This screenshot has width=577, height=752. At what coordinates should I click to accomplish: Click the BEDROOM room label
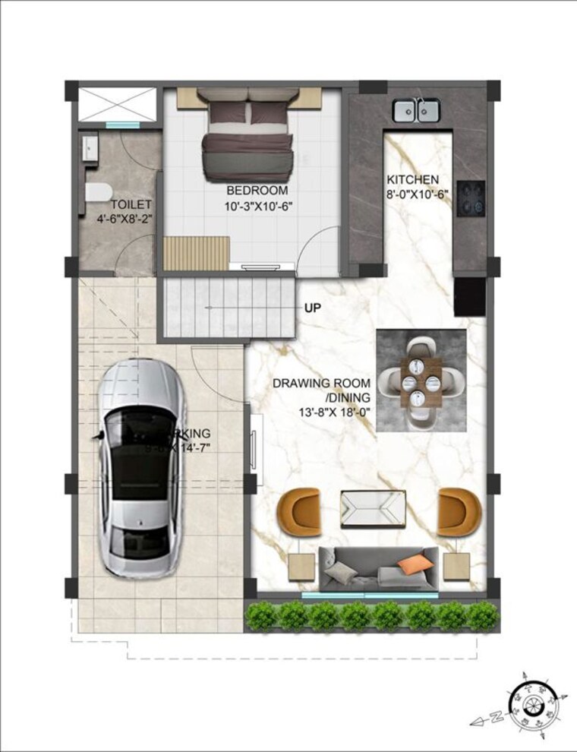click(x=257, y=190)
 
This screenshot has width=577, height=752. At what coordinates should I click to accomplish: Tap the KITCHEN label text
click(x=412, y=180)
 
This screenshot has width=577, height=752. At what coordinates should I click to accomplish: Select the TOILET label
click(x=131, y=205)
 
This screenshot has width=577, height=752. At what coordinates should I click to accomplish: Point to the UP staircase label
click(x=312, y=308)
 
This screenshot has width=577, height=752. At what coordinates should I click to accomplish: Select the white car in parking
click(x=143, y=466)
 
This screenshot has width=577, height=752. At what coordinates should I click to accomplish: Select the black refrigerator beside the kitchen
click(x=469, y=297)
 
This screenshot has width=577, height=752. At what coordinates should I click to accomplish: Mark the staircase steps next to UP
click(x=228, y=308)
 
